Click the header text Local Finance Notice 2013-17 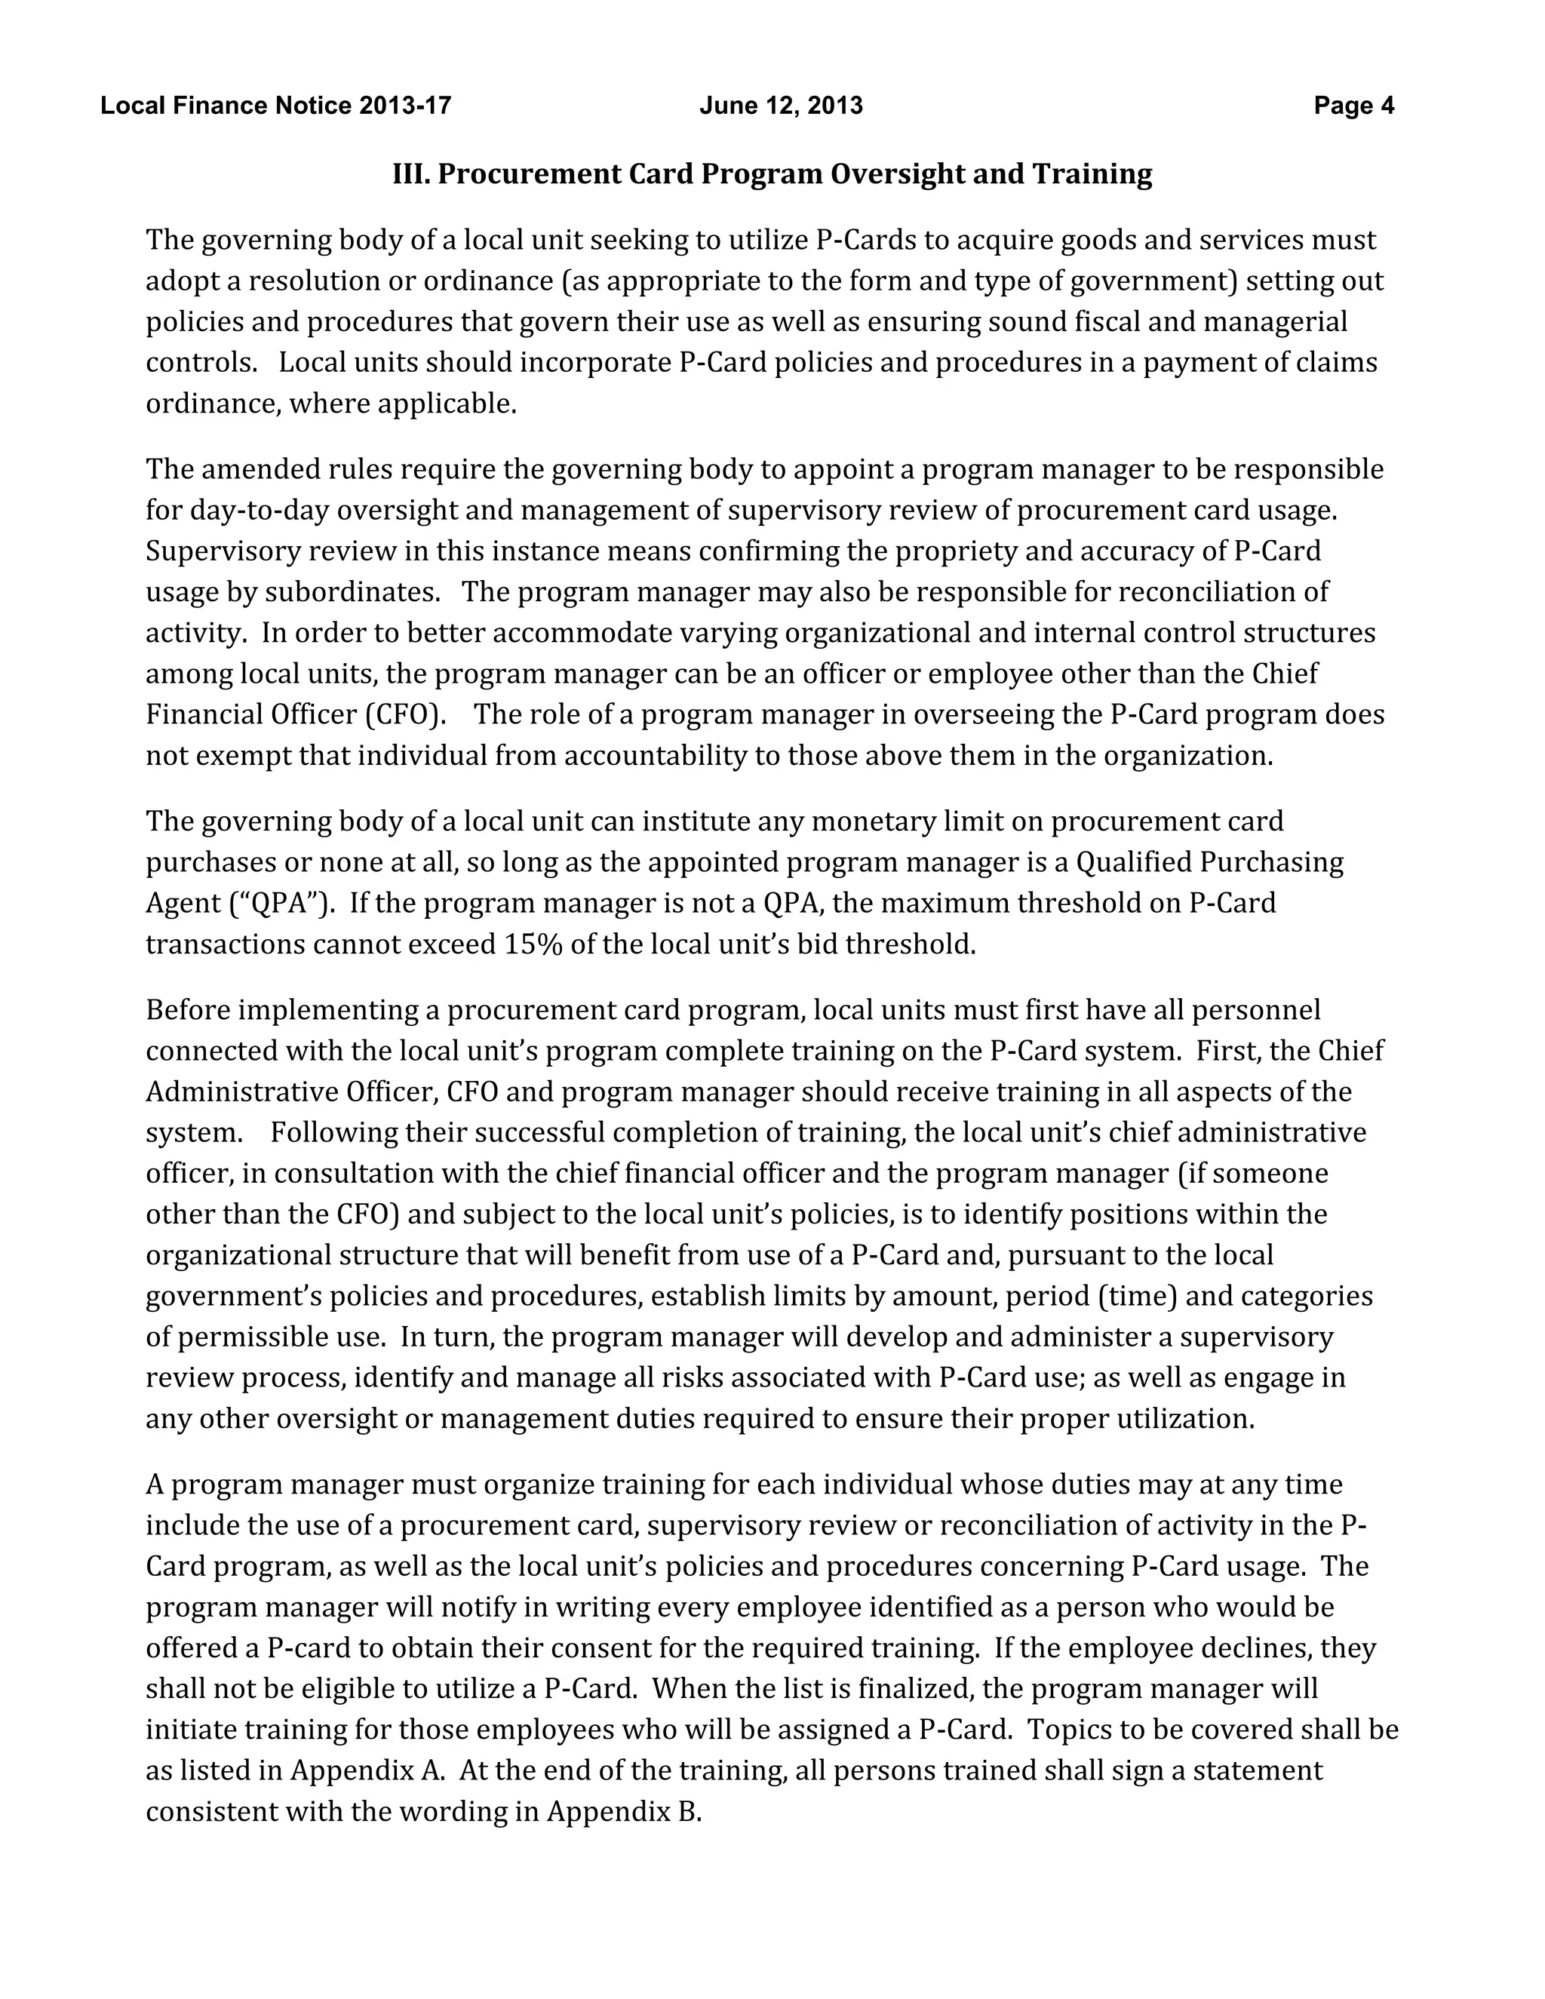[275, 106]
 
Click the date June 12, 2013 [781, 106]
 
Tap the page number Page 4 [1353, 106]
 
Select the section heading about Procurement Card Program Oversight [772, 174]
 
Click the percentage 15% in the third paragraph [533, 944]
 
